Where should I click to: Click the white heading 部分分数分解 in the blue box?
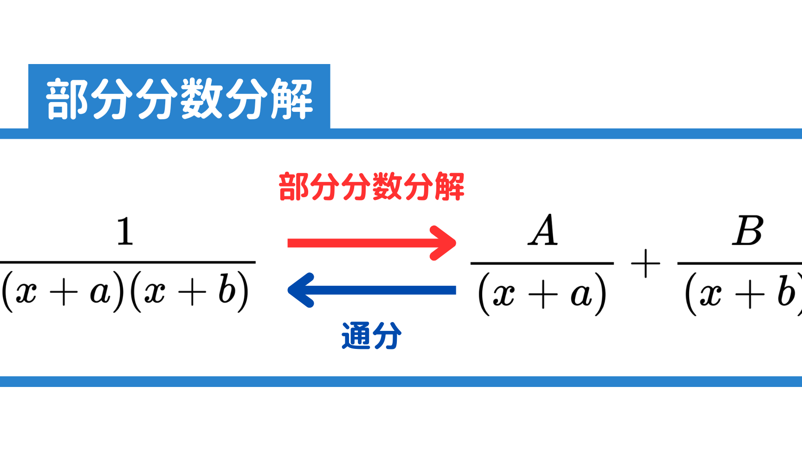tap(180, 99)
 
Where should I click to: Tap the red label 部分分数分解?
tap(371, 187)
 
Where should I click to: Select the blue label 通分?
tap(371, 335)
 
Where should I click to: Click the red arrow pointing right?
tap(372, 243)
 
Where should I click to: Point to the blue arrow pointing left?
tap(372, 290)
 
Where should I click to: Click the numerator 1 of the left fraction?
tap(125, 232)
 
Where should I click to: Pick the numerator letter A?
tap(543, 230)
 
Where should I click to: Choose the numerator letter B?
tap(748, 231)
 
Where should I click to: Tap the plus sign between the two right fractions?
tap(646, 264)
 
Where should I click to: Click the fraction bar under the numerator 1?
tap(128, 262)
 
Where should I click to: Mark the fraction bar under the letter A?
tap(542, 263)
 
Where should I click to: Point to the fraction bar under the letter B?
tap(740, 263)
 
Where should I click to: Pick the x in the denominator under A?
tap(504, 295)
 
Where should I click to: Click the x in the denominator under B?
tap(710, 295)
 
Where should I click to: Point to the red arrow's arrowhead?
tap(443, 243)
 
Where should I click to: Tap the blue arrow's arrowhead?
tap(301, 290)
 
